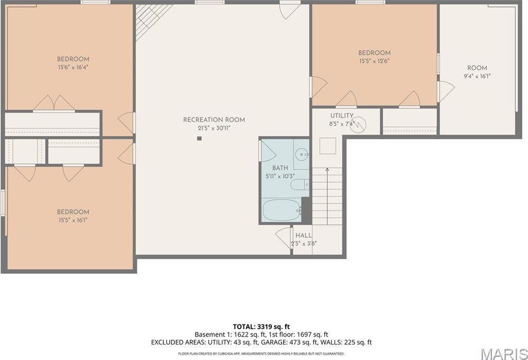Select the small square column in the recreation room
pos(199,139)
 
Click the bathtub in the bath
pos(281,210)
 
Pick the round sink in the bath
pos(302,155)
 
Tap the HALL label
pos(304,235)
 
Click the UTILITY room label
pos(342,116)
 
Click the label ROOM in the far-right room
pos(477,68)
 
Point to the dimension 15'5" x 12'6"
pos(374,61)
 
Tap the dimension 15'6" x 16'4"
pos(73,67)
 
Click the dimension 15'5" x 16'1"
pos(73,219)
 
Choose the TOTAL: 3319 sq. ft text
pos(261,326)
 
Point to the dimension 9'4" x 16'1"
pos(477,76)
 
